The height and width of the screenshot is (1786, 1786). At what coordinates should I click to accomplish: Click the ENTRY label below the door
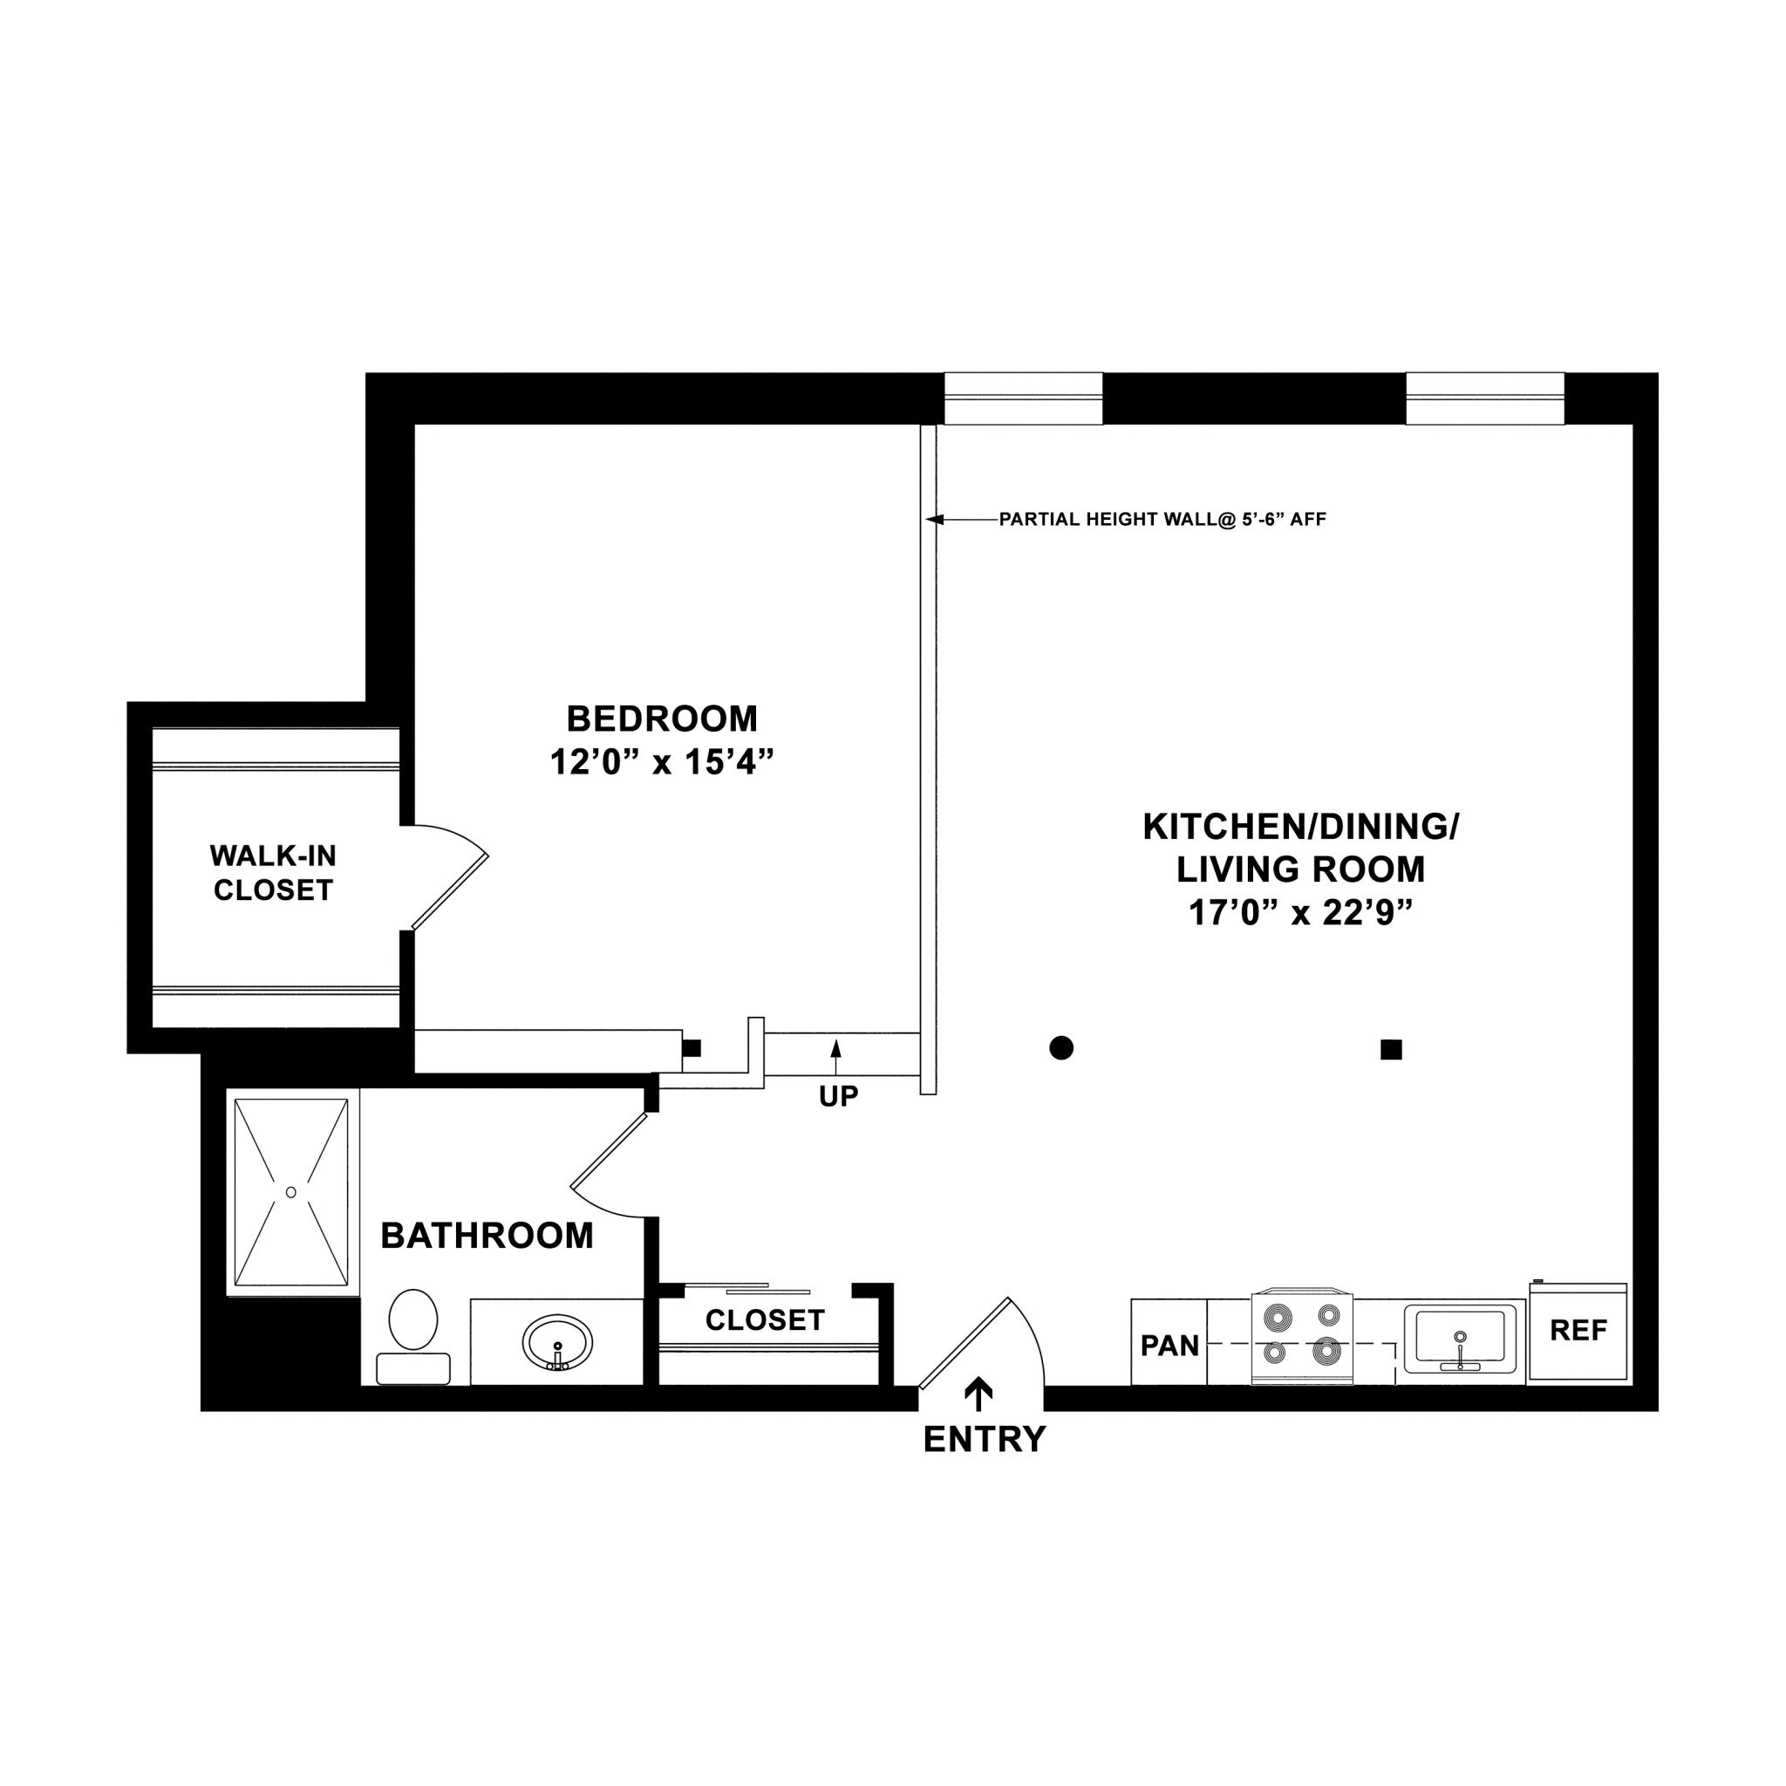coord(985,1439)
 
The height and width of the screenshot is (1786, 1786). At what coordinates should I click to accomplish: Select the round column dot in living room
coord(1061,1047)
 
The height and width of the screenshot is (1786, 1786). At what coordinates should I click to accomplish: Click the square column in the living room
coord(1390,1049)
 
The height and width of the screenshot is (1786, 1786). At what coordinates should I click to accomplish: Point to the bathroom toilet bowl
coord(413,1320)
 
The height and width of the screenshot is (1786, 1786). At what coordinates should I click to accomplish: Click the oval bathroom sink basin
coord(557,1342)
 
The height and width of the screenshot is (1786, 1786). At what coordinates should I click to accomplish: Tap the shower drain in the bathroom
coord(291,1192)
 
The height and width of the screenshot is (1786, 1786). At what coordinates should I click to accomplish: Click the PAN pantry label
coord(1169,1346)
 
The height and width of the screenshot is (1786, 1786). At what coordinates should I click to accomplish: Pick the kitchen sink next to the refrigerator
coord(1460,1338)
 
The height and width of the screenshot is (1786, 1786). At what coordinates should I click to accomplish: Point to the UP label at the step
coord(838,1096)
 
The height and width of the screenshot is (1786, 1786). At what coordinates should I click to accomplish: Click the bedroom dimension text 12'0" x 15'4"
coord(661,763)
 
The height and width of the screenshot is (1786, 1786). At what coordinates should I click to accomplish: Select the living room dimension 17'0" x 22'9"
coord(1300,913)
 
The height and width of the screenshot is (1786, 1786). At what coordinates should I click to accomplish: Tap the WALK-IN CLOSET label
coord(273,873)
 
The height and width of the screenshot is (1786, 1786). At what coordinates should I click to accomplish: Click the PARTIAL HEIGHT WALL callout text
coord(1162,520)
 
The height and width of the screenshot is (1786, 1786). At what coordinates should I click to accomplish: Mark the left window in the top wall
coord(1022,399)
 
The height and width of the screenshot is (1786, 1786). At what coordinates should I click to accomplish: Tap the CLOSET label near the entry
coord(765,1320)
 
